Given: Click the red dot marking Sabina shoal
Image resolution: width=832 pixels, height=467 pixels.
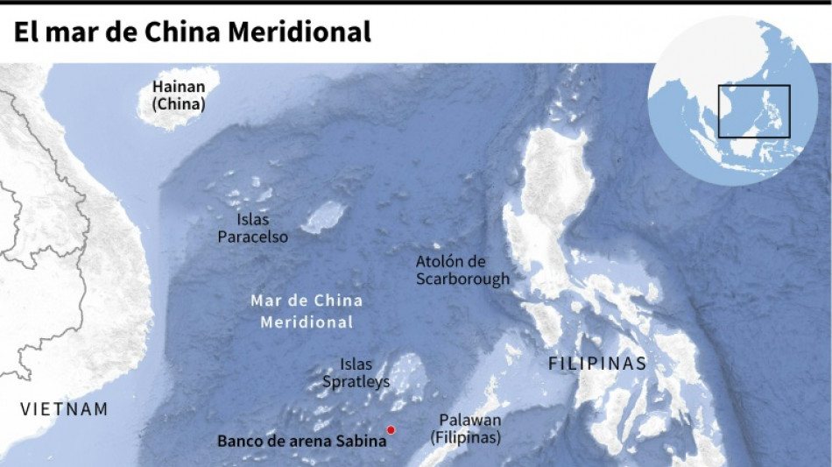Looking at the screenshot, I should pyautogui.click(x=391, y=429).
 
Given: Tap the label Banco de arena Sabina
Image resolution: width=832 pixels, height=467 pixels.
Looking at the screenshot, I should pyautogui.click(x=301, y=442).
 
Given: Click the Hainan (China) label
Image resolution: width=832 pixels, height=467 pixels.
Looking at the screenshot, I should pyautogui.click(x=179, y=96).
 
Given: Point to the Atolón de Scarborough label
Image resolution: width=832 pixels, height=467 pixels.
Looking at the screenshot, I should pyautogui.click(x=462, y=271).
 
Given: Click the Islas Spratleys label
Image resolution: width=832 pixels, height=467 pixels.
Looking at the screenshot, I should pyautogui.click(x=356, y=372).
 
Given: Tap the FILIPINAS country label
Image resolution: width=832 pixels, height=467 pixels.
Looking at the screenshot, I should pyautogui.click(x=597, y=364).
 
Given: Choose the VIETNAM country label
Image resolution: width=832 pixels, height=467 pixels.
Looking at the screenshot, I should pyautogui.click(x=65, y=409).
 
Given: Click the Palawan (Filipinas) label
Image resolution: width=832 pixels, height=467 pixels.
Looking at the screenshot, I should pyautogui.click(x=470, y=429).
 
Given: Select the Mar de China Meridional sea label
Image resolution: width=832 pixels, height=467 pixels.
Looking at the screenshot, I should pyautogui.click(x=307, y=311).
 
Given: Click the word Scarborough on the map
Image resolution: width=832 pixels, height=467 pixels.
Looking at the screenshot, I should pyautogui.click(x=462, y=279).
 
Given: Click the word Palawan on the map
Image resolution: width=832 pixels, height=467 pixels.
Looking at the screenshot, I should pyautogui.click(x=470, y=421).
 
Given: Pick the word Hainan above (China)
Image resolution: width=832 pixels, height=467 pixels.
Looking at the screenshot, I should pyautogui.click(x=179, y=87).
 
